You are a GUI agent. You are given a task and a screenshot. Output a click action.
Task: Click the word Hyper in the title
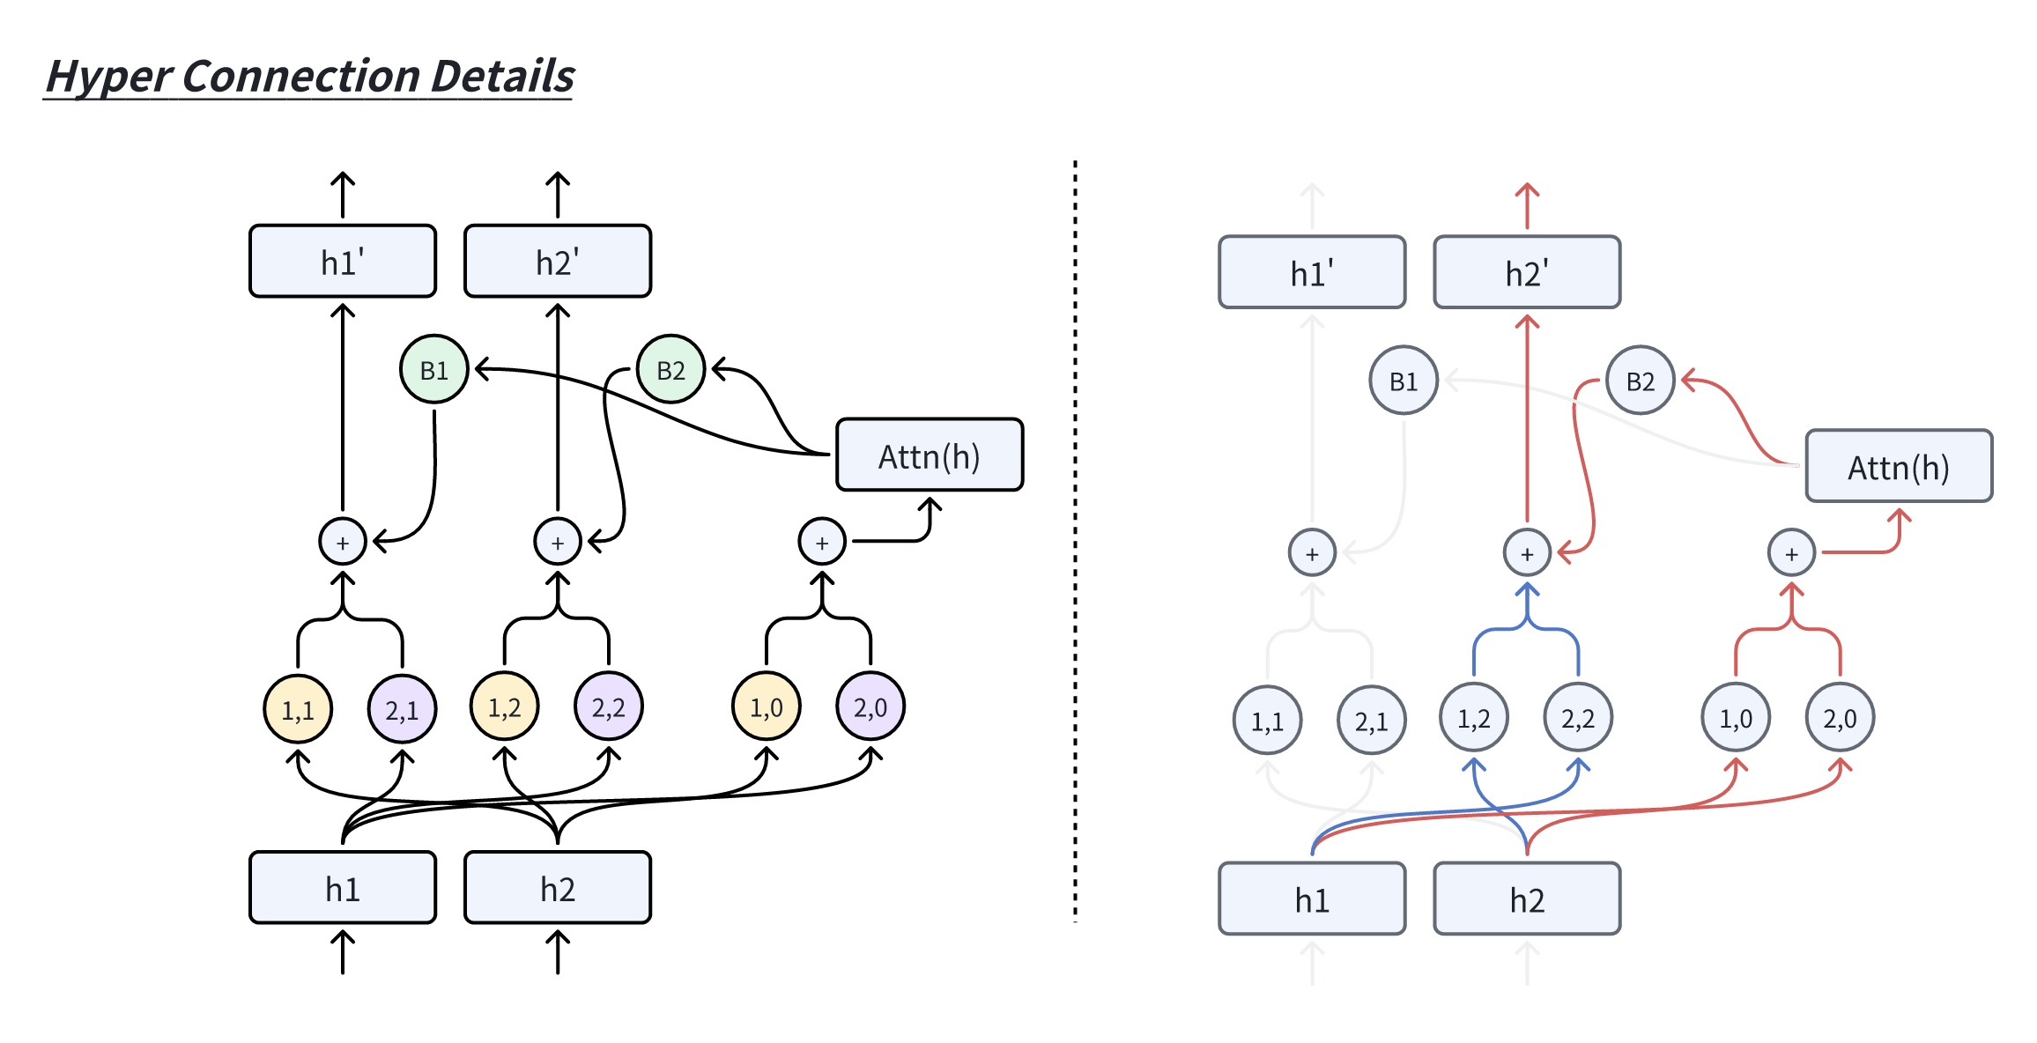(108, 76)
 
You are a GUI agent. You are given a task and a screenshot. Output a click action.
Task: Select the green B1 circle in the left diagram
(433, 369)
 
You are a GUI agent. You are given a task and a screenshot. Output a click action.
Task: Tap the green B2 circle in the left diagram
(670, 369)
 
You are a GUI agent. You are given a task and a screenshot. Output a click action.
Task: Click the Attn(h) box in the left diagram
(929, 455)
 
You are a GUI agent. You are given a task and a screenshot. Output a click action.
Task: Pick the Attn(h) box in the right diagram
(1898, 466)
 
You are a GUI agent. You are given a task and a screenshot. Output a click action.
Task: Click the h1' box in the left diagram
(343, 262)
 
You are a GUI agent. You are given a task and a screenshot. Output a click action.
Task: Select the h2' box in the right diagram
(1527, 272)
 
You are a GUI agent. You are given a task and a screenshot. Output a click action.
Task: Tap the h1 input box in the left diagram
(343, 887)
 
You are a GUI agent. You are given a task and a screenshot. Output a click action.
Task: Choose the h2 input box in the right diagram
(1527, 899)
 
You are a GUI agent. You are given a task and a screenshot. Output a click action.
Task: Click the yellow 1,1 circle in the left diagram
(298, 709)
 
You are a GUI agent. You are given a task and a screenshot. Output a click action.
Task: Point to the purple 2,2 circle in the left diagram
(608, 706)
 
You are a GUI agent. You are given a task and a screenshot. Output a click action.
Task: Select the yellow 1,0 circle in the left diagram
(766, 706)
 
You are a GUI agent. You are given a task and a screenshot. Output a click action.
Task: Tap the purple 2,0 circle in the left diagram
(870, 706)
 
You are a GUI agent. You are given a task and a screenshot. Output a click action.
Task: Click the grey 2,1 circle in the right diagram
(1371, 721)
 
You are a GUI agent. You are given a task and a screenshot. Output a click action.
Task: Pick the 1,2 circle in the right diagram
(1473, 718)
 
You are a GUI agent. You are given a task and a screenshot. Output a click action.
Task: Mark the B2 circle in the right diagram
(1640, 381)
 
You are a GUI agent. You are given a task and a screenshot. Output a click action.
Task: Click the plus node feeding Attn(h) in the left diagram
(821, 542)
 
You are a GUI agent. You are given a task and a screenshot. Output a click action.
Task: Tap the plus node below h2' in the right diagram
(1527, 553)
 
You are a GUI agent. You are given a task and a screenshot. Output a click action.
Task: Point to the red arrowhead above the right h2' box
(1527, 191)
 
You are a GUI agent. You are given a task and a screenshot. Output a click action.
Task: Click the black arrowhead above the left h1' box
(343, 181)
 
